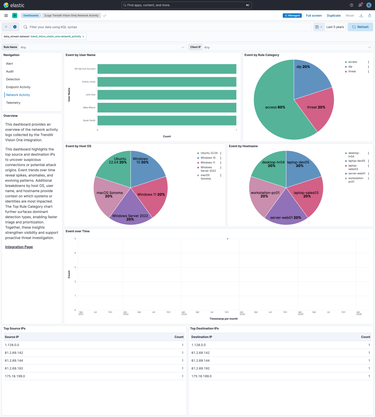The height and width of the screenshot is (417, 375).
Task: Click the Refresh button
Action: pyautogui.click(x=360, y=27)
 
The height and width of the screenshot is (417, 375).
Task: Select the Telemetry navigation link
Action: pyautogui.click(x=13, y=103)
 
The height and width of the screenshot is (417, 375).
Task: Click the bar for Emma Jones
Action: pyautogui.click(x=167, y=82)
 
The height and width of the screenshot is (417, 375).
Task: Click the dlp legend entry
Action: pyautogui.click(x=350, y=67)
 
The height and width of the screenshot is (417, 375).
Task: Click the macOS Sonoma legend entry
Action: pyautogui.click(x=205, y=177)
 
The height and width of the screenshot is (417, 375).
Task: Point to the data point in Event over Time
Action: pyautogui.click(x=228, y=239)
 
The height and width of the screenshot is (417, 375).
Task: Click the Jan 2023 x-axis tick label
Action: pyautogui.click(x=184, y=313)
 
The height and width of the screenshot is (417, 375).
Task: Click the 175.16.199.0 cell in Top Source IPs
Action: pyautogui.click(x=15, y=376)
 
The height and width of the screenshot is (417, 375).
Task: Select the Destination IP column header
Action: pyautogui.click(x=202, y=337)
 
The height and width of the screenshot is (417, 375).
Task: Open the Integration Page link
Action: pyautogui.click(x=19, y=247)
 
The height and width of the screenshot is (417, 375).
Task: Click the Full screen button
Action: pyautogui.click(x=314, y=16)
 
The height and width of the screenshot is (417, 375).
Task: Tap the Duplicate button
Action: pyautogui.click(x=333, y=16)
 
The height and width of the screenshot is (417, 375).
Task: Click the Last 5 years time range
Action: pyautogui.click(x=335, y=27)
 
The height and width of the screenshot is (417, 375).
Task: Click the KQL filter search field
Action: pyautogui.click(x=167, y=27)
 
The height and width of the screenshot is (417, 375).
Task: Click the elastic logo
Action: pyautogui.click(x=14, y=5)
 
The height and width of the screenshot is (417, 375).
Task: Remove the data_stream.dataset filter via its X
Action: pyautogui.click(x=83, y=37)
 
